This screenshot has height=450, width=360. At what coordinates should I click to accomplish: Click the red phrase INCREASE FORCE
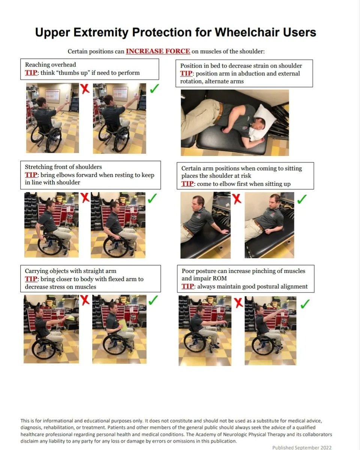[158, 51]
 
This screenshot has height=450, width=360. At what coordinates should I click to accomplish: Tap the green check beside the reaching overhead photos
[154, 88]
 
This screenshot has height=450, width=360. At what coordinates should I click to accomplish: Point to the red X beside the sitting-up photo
[237, 199]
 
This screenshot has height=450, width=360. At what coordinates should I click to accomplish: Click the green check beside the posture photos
[305, 304]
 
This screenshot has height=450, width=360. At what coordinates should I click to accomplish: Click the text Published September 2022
[302, 447]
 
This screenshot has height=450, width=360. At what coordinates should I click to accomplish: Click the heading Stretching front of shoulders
[63, 167]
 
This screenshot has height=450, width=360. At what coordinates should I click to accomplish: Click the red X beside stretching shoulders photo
[85, 198]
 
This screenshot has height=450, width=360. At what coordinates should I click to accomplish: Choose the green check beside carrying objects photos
[153, 300]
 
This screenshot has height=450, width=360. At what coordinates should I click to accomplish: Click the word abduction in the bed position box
[243, 73]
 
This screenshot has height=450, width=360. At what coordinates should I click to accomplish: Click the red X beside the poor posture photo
[238, 303]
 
